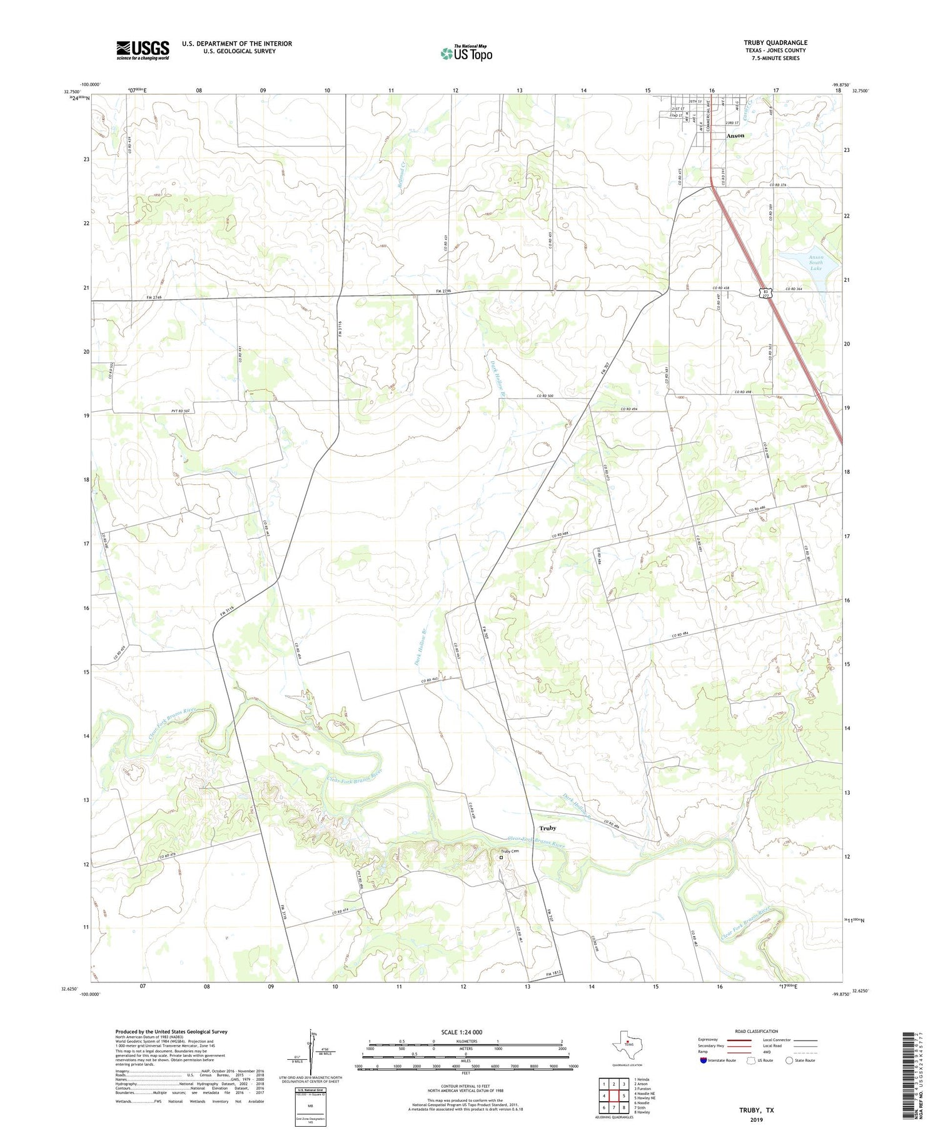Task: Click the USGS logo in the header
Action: (143, 50)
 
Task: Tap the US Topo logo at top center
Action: (466, 54)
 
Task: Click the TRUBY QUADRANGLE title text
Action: (775, 42)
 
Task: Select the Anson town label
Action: (735, 136)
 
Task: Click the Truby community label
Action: (547, 828)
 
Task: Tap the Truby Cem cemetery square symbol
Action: (500, 857)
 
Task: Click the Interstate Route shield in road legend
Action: (703, 1061)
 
